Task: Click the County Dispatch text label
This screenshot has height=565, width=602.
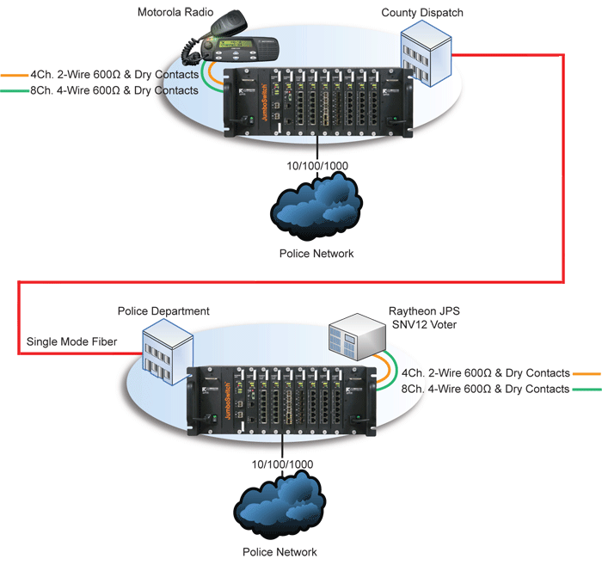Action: coord(422,12)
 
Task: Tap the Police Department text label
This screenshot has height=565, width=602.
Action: coord(163,311)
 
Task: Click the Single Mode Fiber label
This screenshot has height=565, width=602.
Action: coord(71,342)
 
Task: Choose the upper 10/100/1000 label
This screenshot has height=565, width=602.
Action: coord(317,166)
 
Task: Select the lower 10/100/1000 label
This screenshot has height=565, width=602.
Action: coord(281,464)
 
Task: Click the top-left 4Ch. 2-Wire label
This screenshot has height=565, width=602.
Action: coord(114,75)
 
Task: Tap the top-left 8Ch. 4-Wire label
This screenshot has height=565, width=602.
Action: coord(114,89)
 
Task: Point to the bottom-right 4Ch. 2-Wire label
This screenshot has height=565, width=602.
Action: coord(486,373)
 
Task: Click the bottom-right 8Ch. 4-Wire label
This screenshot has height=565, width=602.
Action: coord(486,389)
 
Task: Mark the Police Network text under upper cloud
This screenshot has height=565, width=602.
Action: coord(316,254)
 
